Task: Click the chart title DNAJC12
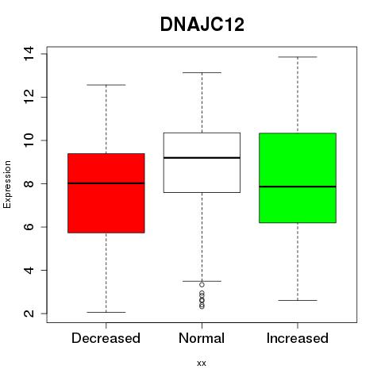pyautogui.click(x=202, y=25)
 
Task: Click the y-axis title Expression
pyautogui.click(x=7, y=184)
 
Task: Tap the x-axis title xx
pyautogui.click(x=202, y=364)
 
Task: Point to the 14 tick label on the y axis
pyautogui.click(x=29, y=54)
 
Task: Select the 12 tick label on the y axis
pyautogui.click(x=29, y=97)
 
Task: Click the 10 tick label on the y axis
pyautogui.click(x=29, y=140)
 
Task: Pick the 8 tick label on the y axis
pyautogui.click(x=29, y=183)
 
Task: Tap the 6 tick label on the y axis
pyautogui.click(x=29, y=227)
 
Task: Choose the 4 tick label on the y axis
pyautogui.click(x=29, y=270)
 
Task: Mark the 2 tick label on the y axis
pyautogui.click(x=29, y=314)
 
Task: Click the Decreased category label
pyautogui.click(x=106, y=338)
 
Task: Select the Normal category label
pyautogui.click(x=202, y=338)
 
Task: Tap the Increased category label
pyautogui.click(x=298, y=338)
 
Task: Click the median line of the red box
pyautogui.click(x=106, y=183)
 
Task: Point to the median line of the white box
pyautogui.click(x=202, y=158)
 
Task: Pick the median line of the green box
pyautogui.click(x=298, y=187)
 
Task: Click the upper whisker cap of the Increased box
pyautogui.click(x=298, y=57)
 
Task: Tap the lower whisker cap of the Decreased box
pyautogui.click(x=106, y=312)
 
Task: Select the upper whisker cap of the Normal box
pyautogui.click(x=202, y=72)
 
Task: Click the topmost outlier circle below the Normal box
pyautogui.click(x=202, y=285)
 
